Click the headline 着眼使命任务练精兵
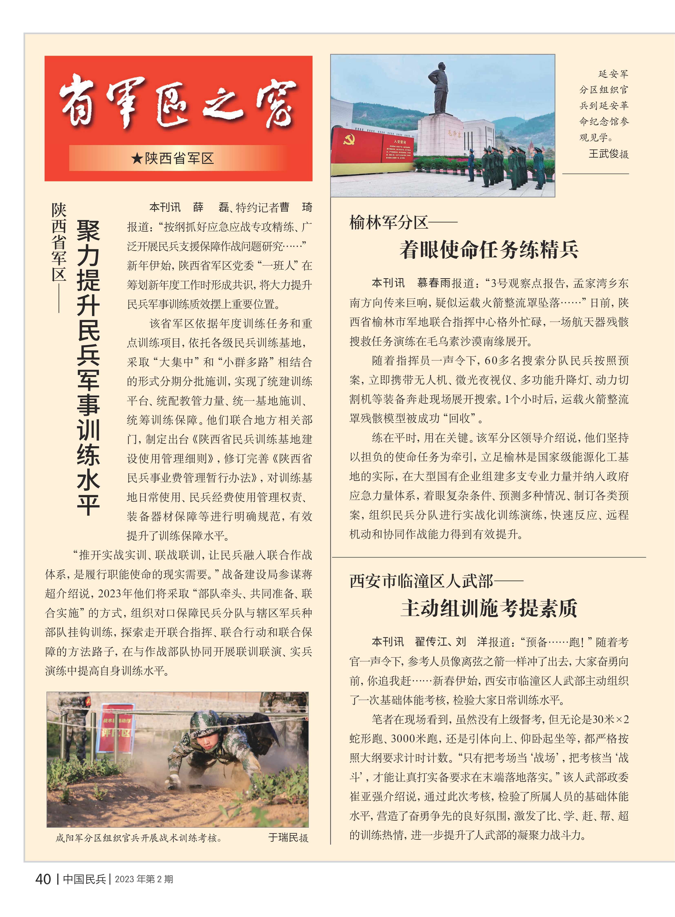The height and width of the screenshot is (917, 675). (489, 249)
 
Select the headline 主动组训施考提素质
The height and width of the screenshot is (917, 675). (489, 608)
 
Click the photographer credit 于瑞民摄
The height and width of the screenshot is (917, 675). (288, 838)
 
